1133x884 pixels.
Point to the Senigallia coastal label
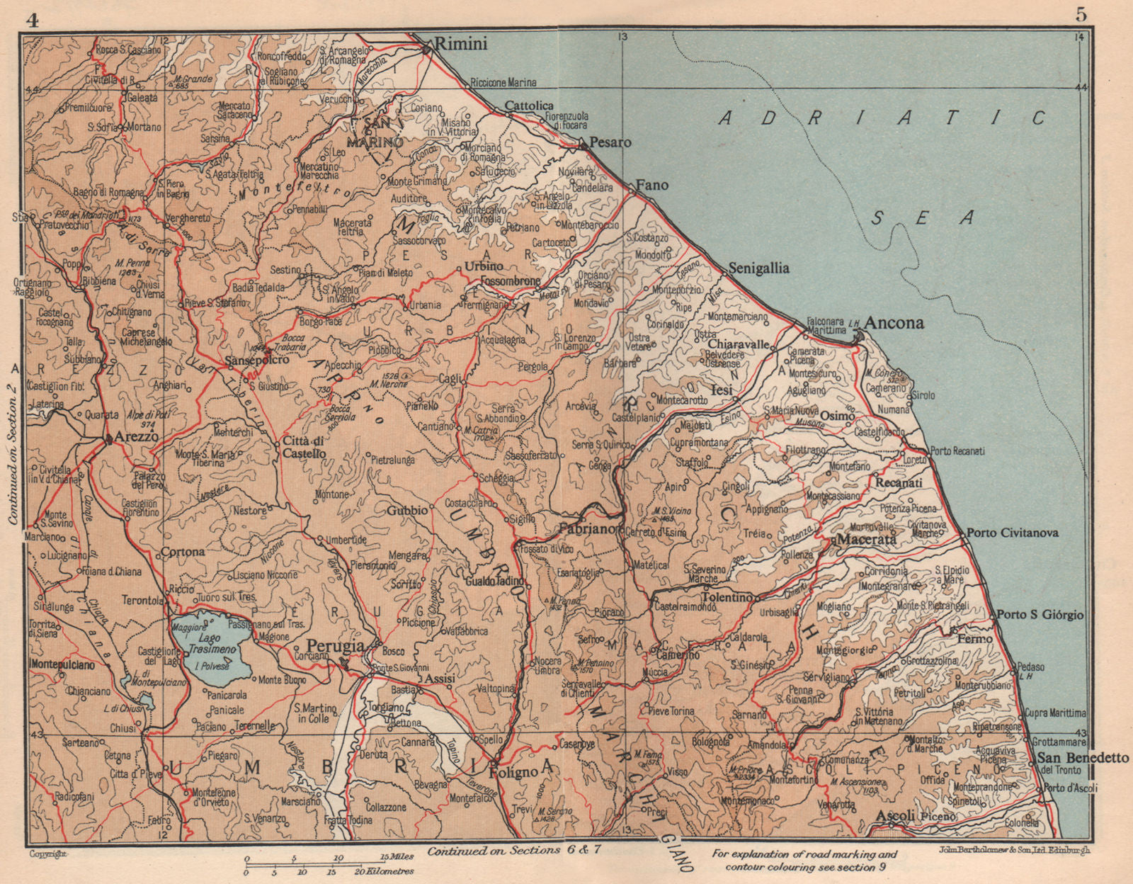click(x=759, y=269)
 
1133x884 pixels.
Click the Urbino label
click(x=484, y=266)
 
